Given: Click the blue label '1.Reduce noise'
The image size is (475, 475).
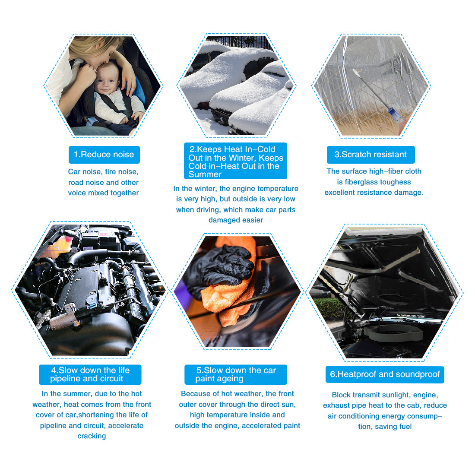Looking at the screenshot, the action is click(x=104, y=155).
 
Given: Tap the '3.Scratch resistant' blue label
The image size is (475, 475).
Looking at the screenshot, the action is click(x=370, y=155).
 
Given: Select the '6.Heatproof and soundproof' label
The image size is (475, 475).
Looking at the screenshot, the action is click(x=385, y=374).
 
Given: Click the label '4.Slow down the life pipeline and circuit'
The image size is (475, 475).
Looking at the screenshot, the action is click(x=90, y=374).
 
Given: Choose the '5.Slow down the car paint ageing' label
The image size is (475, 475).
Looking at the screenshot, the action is click(x=236, y=374).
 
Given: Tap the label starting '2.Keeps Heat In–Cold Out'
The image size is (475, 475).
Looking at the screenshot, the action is click(x=235, y=161).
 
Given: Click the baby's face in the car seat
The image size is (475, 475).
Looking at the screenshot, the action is click(x=106, y=79).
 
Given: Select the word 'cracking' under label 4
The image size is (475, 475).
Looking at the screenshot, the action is click(x=92, y=436).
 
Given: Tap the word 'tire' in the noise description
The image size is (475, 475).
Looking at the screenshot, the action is click(x=110, y=172).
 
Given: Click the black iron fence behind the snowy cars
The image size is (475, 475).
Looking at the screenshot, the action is click(x=239, y=41).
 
